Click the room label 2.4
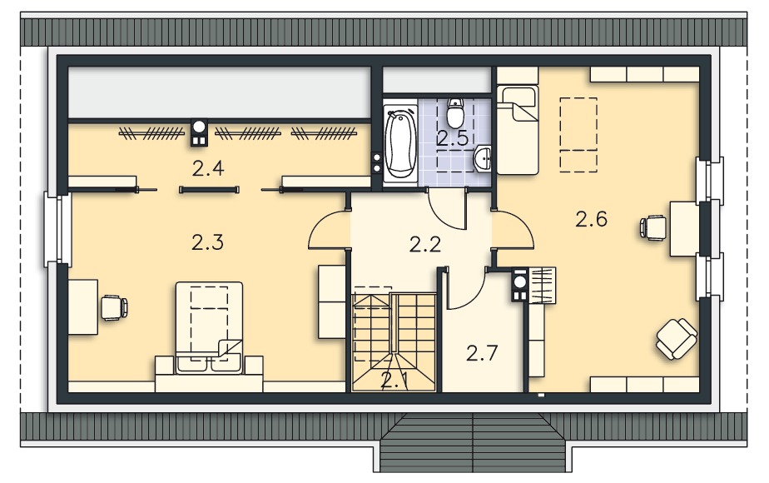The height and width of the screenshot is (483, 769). point(208,168)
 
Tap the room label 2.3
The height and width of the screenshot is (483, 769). point(207,242)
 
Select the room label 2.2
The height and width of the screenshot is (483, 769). point(425,244)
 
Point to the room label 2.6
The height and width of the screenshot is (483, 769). point(591,219)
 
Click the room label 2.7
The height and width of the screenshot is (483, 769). point(482,353)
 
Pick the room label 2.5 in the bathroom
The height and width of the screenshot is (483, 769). point(453,138)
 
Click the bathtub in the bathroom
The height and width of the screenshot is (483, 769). point(400,144)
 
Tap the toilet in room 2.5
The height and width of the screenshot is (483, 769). point(455,112)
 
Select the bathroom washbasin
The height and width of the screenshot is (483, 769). point(482,158)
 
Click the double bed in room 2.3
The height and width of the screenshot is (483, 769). point(210,327)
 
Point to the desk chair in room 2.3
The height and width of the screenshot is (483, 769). point(114,308)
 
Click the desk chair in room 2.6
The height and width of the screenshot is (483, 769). point(652,227)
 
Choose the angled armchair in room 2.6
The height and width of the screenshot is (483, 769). point(677,339)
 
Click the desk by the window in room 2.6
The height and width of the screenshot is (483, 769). point(684,229)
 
